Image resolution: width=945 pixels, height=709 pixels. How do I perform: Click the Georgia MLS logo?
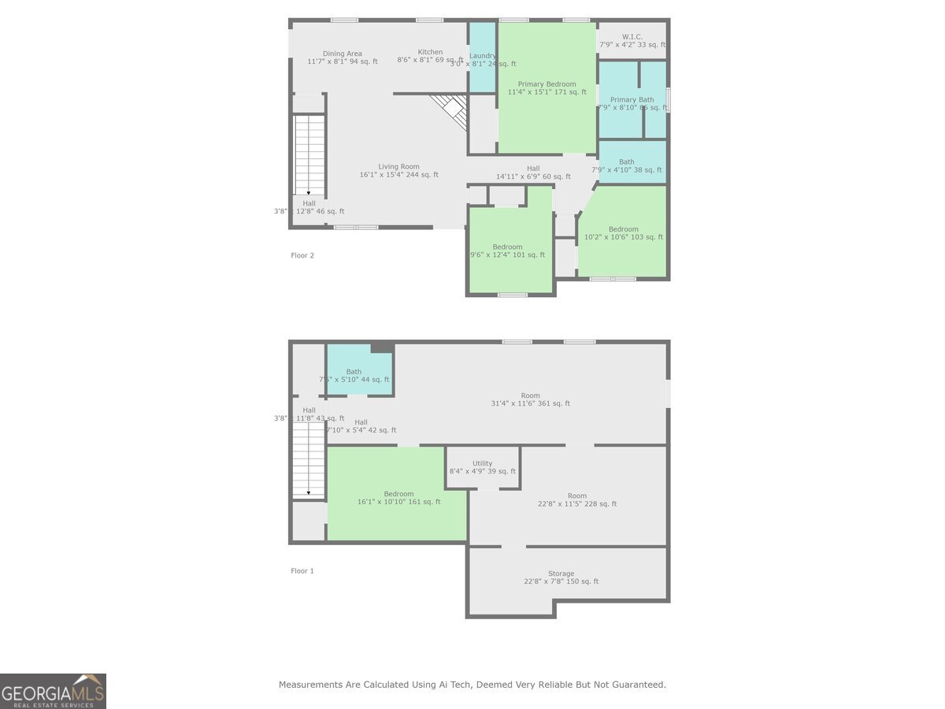coord(53,691)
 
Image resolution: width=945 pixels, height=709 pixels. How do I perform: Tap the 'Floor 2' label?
coord(302,255)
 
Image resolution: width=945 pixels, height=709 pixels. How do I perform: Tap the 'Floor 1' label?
coord(302,570)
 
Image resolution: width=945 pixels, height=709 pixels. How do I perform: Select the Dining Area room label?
coord(343,54)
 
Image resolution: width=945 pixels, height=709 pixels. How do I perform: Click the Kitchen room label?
coord(430,53)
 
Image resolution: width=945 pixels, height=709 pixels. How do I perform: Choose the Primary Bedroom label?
coord(547,84)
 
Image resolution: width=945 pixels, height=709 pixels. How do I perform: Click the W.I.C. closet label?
coord(632,37)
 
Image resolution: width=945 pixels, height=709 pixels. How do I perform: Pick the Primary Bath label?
coord(632,100)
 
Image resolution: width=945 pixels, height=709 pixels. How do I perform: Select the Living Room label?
coord(398,167)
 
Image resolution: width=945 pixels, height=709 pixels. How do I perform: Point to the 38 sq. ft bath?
coord(626,162)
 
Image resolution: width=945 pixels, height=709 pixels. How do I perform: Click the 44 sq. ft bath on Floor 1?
coord(354,373)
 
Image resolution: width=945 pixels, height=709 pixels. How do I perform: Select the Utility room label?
coord(482,464)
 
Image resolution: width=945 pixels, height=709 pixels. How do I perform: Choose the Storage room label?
coord(561,574)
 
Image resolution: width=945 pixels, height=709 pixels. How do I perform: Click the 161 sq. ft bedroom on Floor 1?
coord(398,495)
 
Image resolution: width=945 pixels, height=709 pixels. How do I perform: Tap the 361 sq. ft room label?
coord(530,396)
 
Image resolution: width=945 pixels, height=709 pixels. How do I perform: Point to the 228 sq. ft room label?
coord(577,496)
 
